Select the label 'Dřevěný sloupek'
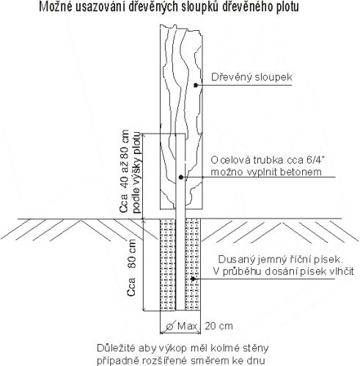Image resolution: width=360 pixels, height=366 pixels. point(251,77)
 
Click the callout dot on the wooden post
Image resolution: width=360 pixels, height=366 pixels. point(196,85)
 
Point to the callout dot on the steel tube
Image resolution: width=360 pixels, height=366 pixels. point(181,177)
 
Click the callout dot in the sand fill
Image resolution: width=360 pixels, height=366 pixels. point(193,279)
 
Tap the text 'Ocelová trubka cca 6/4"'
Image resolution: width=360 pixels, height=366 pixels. point(268,160)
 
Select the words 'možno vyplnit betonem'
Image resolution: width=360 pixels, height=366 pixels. point(266,172)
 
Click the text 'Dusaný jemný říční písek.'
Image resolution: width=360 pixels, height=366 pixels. point(281,260)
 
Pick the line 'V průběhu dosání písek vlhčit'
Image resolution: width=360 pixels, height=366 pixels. point(284,271)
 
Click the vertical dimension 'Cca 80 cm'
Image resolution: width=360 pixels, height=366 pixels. point(131,268)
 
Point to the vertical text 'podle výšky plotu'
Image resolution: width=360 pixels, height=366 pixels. point(136,172)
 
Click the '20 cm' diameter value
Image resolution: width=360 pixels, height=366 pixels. point(218,326)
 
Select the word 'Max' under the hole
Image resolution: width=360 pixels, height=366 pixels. point(187,326)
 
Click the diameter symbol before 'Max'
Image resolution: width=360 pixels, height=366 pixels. point(170,326)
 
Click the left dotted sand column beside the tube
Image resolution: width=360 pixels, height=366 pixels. point(168,265)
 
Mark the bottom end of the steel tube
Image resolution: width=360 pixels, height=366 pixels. point(180,310)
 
